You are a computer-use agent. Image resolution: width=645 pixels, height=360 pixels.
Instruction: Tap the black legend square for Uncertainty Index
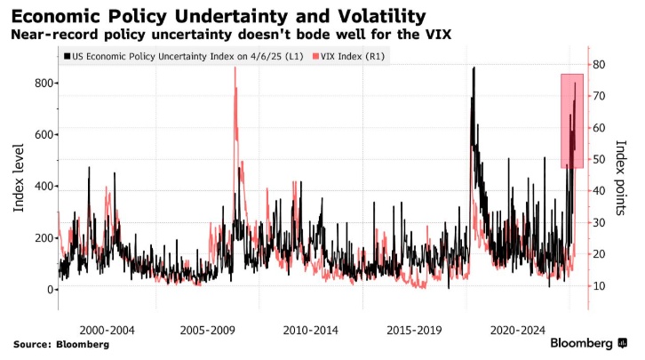[x=67, y=56]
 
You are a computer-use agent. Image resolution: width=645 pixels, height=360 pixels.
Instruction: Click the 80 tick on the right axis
[x=600, y=65]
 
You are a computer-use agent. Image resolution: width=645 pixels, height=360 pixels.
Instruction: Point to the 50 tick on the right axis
[x=600, y=159]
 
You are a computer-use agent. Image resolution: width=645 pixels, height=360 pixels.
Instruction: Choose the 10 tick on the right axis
[x=600, y=285]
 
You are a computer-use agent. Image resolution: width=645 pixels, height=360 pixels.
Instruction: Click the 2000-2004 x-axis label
[x=107, y=329]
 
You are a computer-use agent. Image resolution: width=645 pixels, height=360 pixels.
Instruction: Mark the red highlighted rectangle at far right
[x=572, y=120]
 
